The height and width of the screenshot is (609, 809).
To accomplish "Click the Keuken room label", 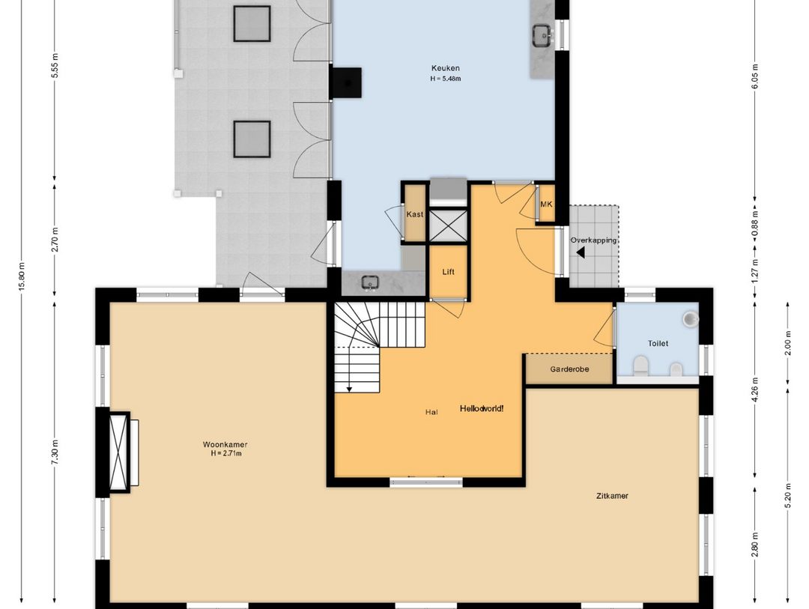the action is pos(445,68).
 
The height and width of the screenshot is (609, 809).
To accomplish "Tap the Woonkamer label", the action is pos(225,444).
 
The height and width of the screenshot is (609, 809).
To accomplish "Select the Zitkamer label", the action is pos(612,496).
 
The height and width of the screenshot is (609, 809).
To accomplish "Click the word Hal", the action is pos(431,412).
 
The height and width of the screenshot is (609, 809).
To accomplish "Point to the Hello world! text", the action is pos(482,408).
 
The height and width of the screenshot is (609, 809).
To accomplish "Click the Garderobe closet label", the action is pos(569,369).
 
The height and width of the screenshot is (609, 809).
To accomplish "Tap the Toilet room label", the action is pos(658,343).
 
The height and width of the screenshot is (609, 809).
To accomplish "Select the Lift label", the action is pos(449,272).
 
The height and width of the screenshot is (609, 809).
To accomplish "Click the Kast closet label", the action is pos(415,214).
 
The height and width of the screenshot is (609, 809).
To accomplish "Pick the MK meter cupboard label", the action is pos(546,204).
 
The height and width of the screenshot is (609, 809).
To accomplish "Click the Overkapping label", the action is pos(593,240).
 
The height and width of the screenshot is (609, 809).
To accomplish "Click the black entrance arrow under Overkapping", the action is pos(581,253).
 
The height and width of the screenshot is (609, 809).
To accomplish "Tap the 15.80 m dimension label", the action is pos(22,276).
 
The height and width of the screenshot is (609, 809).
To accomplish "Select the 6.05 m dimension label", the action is pos(755,76).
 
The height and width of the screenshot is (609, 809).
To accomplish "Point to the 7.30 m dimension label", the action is pos(55,452).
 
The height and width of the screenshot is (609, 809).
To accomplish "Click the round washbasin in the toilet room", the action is pos(691,318).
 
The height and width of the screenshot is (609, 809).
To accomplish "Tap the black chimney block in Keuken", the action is pos(346,82).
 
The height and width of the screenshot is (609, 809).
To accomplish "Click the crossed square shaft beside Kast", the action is pos(449,226).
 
